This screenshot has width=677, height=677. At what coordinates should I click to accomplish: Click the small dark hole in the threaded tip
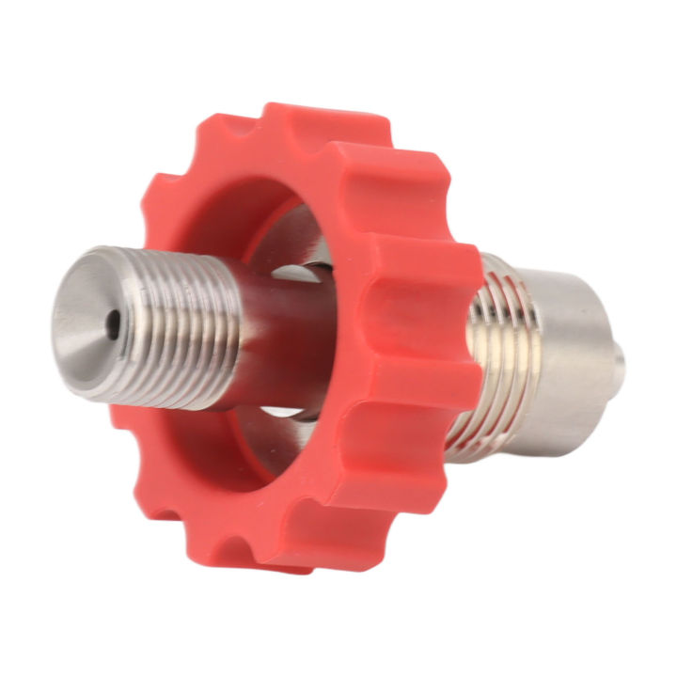click(113, 326)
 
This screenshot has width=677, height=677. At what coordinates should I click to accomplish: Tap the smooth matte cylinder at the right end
click(564, 357)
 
